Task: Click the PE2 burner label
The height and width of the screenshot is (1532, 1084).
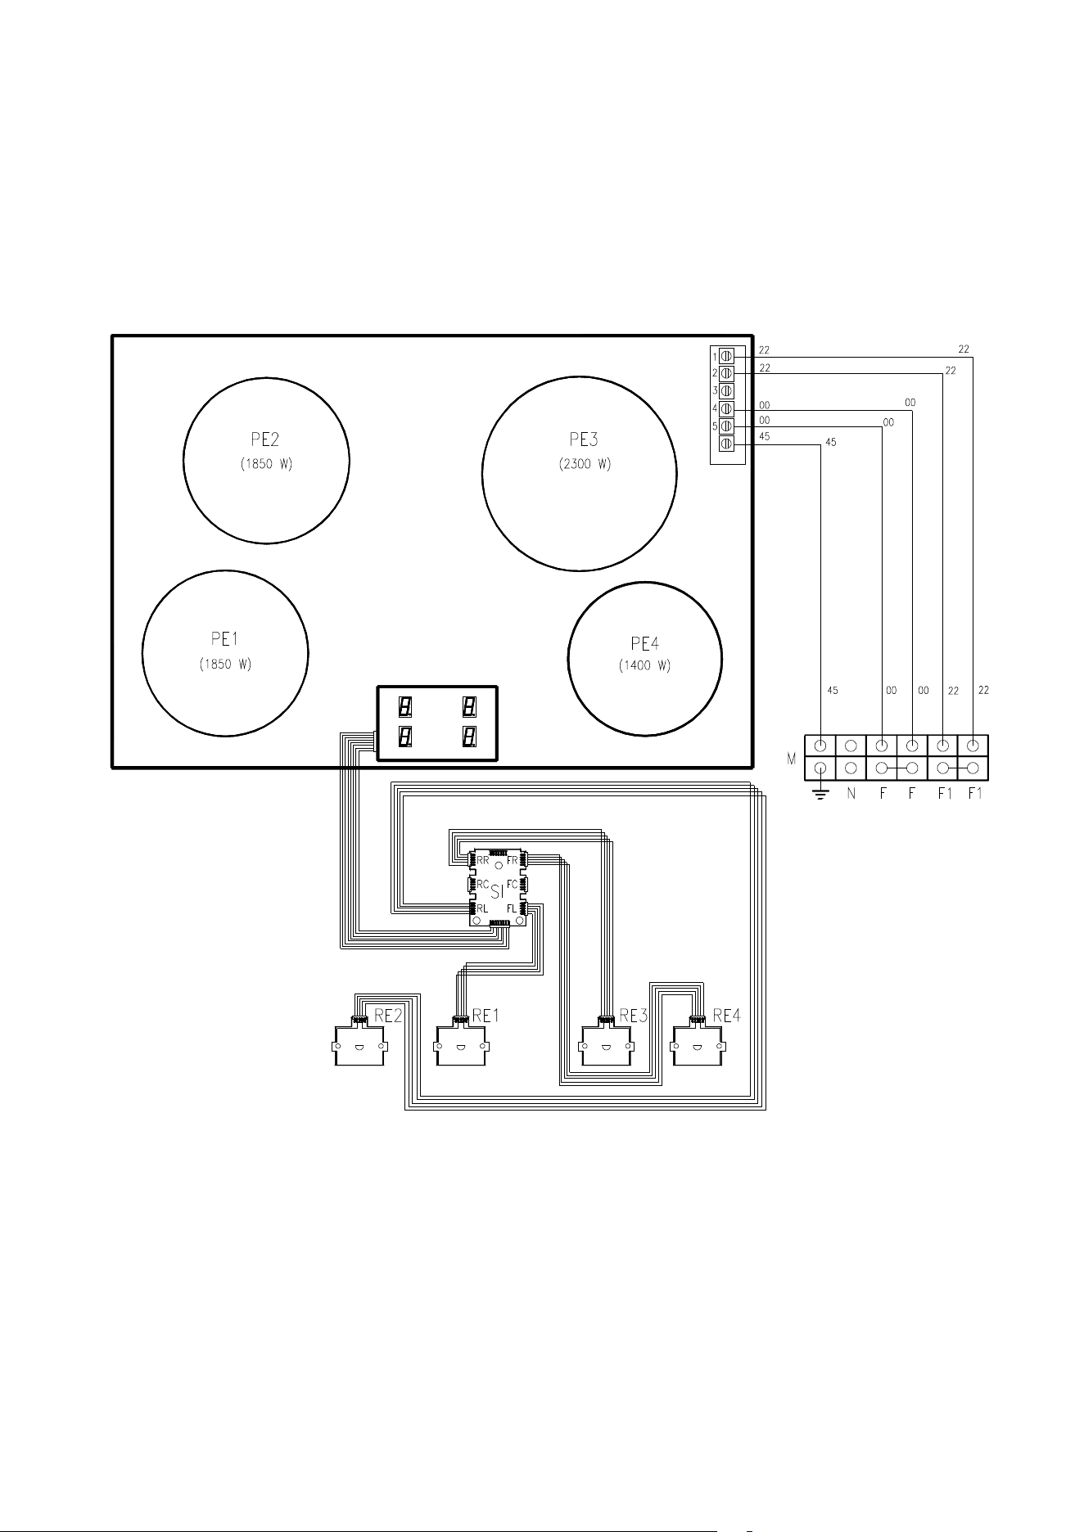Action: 266,439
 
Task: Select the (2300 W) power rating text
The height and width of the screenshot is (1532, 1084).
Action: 580,465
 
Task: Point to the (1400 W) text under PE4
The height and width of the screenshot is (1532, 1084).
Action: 644,666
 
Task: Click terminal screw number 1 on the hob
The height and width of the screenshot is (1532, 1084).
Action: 726,356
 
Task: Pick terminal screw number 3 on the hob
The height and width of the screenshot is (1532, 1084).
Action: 726,391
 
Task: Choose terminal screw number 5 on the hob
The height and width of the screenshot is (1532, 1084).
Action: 726,426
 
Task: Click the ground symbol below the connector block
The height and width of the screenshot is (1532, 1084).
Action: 820,795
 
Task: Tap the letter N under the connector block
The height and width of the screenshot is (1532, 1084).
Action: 851,794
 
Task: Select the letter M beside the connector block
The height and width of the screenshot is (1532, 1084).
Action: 792,759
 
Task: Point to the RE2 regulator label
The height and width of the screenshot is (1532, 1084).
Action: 388,1016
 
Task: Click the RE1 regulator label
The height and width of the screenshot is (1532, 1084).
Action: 486,1016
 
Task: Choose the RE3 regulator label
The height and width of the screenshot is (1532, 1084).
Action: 633,1016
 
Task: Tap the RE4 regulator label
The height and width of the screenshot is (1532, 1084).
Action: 726,1016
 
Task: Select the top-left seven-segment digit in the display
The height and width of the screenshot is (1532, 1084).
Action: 404,705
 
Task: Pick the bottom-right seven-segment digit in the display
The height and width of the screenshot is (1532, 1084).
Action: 469,737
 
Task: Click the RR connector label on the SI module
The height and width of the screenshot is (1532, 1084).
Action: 483,861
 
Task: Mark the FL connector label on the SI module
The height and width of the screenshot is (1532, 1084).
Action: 512,909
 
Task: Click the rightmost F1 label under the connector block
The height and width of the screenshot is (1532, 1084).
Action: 974,794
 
